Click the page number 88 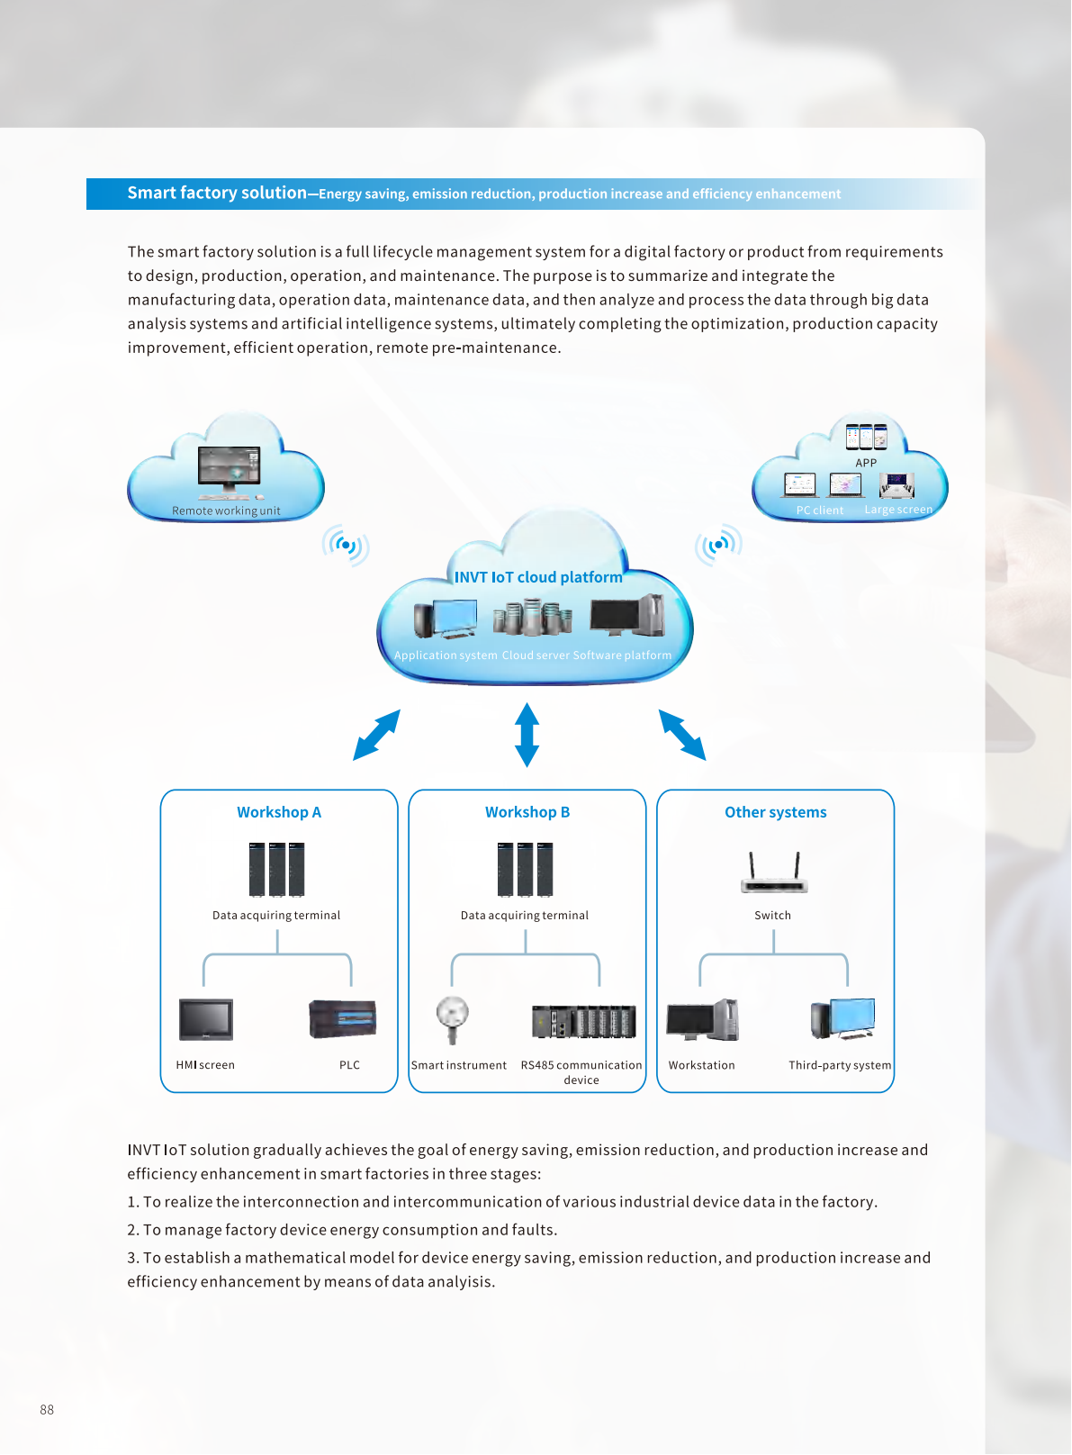[47, 1410]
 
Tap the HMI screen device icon [206, 1019]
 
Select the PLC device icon [342, 1018]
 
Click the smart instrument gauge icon [452, 1017]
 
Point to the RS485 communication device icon [583, 1021]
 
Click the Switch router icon [774, 873]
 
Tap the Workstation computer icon [702, 1019]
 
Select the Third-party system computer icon [842, 1018]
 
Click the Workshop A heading [279, 812]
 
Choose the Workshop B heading [527, 812]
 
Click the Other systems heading [775, 812]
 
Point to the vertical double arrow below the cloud [527, 735]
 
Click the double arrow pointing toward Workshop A [376, 735]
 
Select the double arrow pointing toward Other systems [682, 735]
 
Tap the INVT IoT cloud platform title [538, 577]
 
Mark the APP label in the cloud [866, 463]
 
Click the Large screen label [898, 510]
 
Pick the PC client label [820, 511]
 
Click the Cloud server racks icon [533, 618]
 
